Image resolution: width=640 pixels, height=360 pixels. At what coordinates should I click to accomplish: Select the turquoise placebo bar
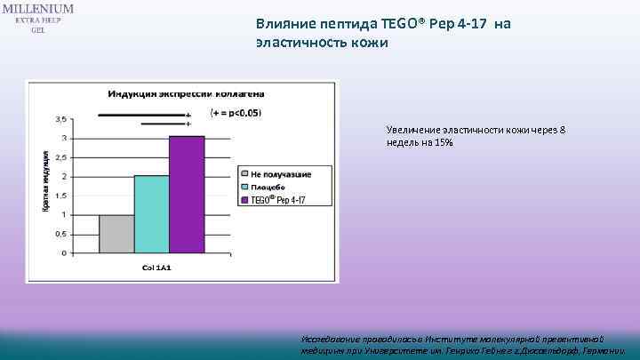(x=151, y=213)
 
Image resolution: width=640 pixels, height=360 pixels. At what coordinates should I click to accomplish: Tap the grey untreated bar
(x=116, y=233)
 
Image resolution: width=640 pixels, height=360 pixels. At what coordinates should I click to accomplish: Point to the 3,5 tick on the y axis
(x=60, y=119)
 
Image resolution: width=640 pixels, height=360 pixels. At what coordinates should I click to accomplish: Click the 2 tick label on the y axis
(x=62, y=176)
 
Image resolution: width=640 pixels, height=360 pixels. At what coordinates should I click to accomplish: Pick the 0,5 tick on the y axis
(x=60, y=234)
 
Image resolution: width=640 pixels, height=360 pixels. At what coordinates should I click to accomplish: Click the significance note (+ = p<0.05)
(x=236, y=114)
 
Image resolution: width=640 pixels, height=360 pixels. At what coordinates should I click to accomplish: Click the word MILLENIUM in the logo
(x=38, y=8)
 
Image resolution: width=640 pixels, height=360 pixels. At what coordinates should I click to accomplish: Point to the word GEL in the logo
(x=38, y=29)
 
